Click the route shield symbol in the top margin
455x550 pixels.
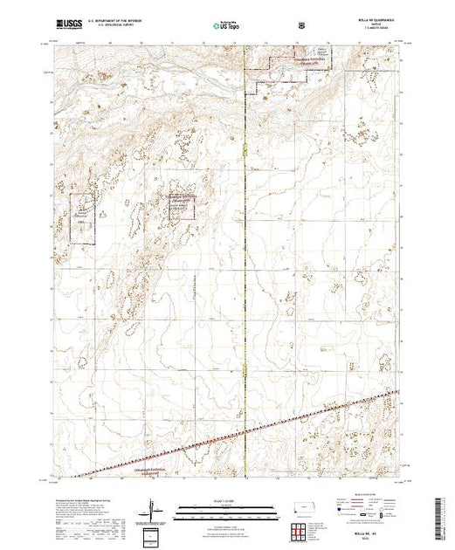pos(302,25)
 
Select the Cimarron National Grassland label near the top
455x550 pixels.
pos(285,61)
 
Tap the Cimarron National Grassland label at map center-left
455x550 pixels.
pos(182,200)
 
